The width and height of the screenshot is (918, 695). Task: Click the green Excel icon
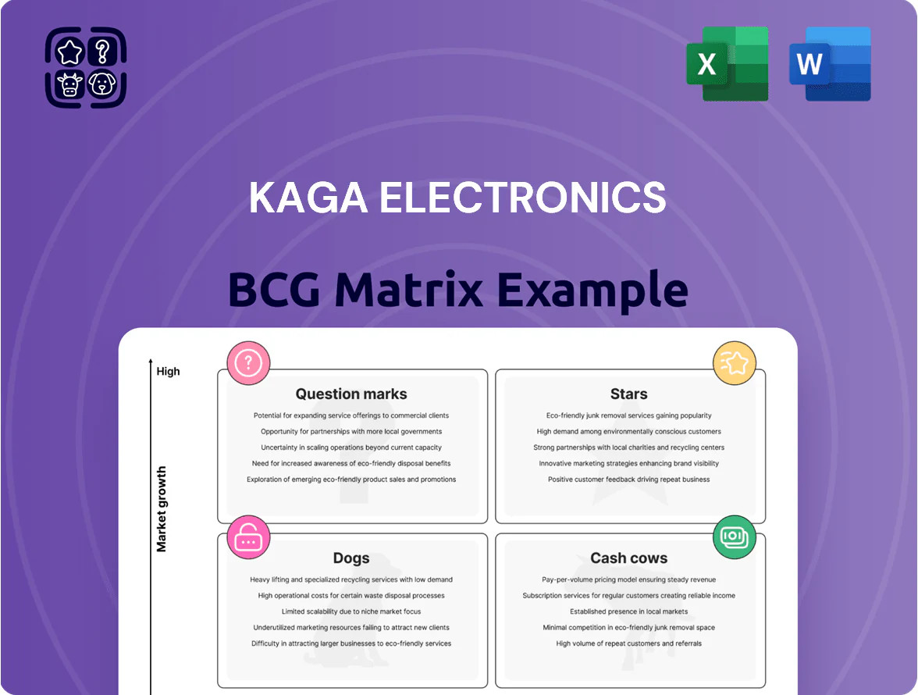pos(728,64)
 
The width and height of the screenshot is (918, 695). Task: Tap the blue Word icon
pos(830,64)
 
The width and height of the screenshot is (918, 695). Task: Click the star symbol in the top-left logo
pos(69,52)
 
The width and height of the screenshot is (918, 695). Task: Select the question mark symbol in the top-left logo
pos(102,52)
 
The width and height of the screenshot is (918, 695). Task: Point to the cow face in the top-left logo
pos(69,84)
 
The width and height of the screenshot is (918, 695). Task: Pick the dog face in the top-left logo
pos(102,84)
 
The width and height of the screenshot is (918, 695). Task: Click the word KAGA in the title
pos(308,198)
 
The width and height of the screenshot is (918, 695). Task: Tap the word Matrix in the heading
pos(409,289)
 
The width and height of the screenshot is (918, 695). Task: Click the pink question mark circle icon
pos(248,363)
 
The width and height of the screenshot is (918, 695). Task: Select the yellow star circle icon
pos(734,363)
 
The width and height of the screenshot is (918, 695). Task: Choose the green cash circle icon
pos(734,537)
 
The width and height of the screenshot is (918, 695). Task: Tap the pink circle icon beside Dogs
pos(248,537)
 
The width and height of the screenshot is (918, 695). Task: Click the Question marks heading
pos(351,394)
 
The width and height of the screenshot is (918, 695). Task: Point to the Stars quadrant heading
pos(629,394)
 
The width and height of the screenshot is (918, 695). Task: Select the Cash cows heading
pos(629,558)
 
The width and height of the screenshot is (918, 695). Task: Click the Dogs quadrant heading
pos(351,558)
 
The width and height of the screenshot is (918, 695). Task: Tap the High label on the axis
pos(168,371)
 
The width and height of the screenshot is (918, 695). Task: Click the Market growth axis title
pos(162,509)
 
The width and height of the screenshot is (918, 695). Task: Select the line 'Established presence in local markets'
pos(629,611)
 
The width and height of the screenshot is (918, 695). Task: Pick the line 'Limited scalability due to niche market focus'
pos(351,611)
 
